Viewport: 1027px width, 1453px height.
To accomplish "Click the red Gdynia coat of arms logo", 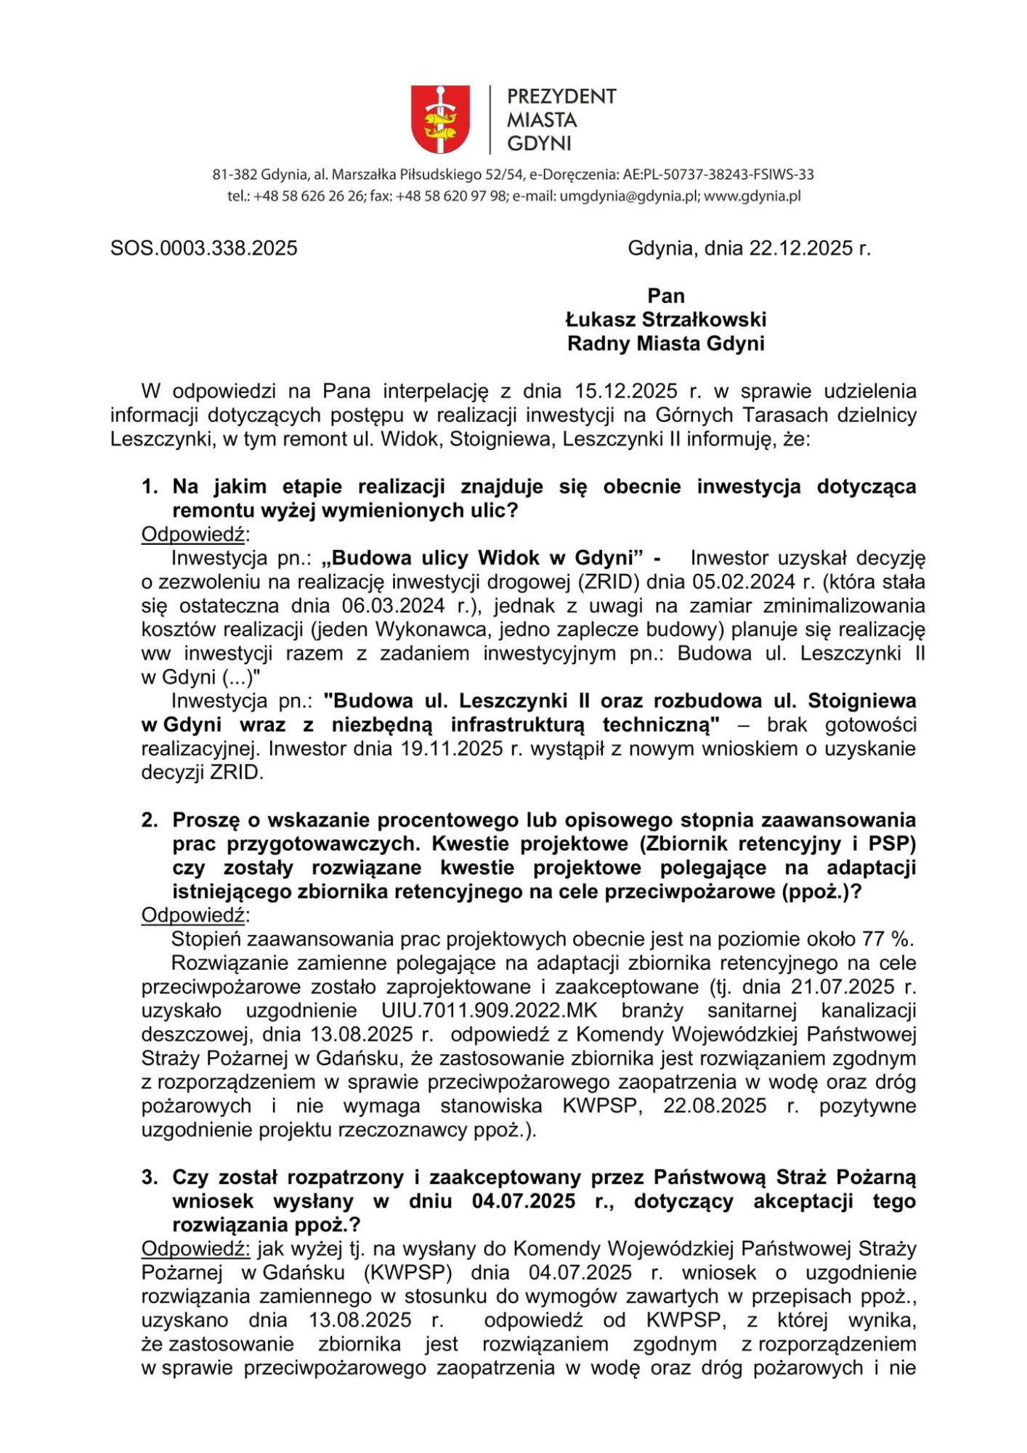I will coord(440,119).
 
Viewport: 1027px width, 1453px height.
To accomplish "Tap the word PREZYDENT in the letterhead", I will coord(561,97).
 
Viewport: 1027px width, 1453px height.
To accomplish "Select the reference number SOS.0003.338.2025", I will coord(204,248).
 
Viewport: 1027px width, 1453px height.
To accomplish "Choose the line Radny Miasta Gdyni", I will coord(665,344).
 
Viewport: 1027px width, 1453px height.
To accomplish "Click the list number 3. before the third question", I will coord(150,1178).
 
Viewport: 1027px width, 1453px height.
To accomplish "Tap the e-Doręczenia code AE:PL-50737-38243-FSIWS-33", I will coord(718,174).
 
